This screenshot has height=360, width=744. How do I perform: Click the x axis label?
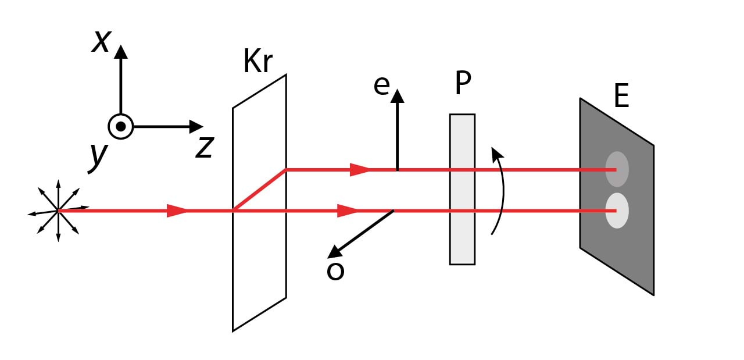(x=101, y=42)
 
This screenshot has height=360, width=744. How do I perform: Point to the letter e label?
(x=381, y=85)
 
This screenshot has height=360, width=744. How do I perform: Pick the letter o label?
(x=335, y=271)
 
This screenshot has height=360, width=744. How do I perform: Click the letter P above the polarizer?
(x=463, y=83)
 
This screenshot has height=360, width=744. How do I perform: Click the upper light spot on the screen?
(x=617, y=169)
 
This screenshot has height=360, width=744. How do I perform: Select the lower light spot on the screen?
(x=617, y=211)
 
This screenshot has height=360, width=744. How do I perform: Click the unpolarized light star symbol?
(x=58, y=211)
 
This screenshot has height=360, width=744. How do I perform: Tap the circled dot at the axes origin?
(x=120, y=126)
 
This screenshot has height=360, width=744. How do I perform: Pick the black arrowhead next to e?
(x=397, y=95)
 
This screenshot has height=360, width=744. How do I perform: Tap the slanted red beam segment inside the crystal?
(x=259, y=190)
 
